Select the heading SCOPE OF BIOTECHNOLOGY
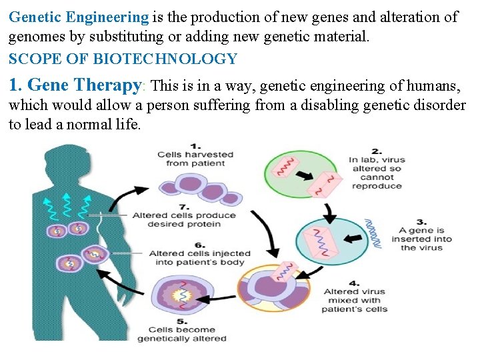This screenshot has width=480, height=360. click(123, 59)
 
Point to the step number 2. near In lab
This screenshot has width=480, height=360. click(377, 151)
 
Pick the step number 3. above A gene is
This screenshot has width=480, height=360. click(422, 221)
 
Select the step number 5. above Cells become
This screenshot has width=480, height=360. click(181, 319)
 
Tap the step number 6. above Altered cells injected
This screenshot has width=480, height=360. click(199, 244)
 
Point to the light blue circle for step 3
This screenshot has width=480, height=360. click(330, 239)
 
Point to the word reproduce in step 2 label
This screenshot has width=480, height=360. click(377, 186)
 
